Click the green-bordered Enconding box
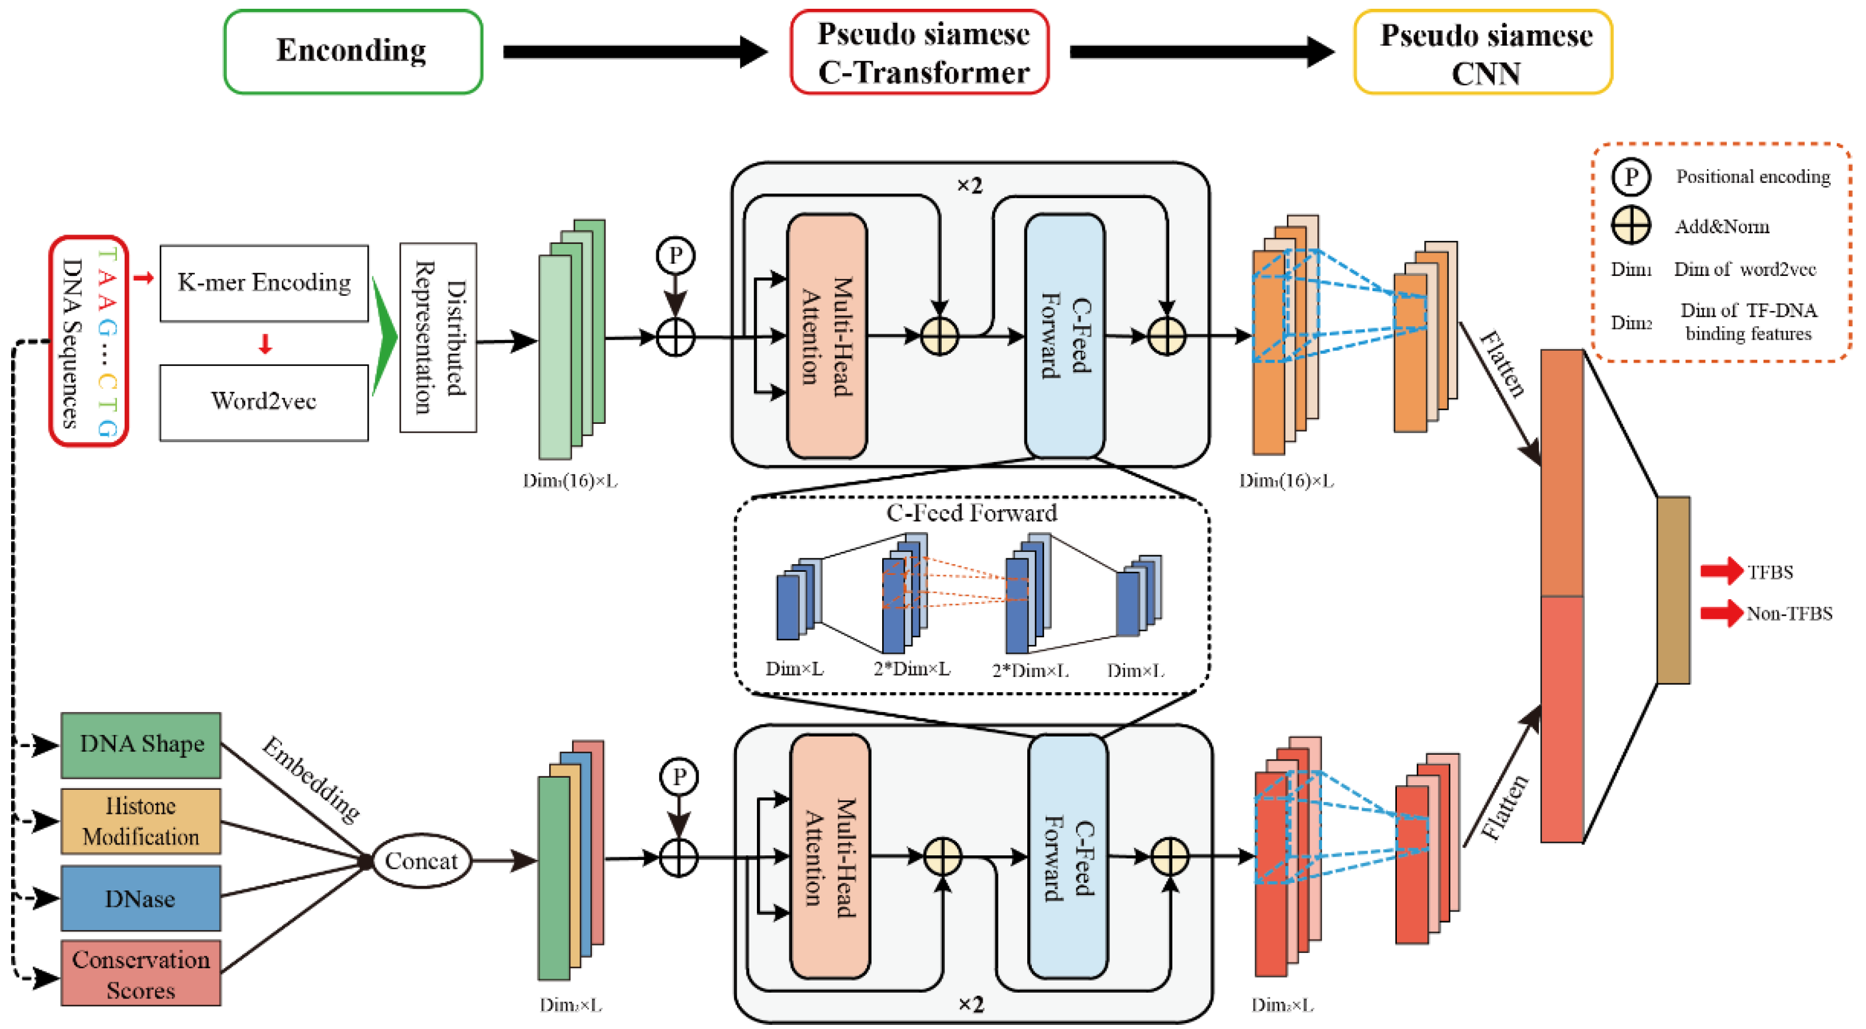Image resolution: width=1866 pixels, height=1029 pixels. point(353,51)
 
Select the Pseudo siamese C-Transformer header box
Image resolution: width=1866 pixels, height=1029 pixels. point(919,52)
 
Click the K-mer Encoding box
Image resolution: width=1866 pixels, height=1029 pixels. point(264,283)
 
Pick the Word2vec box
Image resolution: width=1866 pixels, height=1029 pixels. point(264,402)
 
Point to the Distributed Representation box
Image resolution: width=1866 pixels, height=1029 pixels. point(438,337)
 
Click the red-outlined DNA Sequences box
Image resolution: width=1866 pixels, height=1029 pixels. point(88,340)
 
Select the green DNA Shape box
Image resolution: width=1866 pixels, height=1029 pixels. point(141,744)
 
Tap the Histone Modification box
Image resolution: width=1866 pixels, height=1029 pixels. point(141,821)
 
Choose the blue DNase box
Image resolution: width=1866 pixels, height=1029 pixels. point(141,898)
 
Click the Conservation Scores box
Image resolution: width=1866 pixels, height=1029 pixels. point(141,974)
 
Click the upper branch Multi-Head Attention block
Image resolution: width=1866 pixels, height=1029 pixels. point(827,336)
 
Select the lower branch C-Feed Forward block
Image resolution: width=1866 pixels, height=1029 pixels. point(1068,857)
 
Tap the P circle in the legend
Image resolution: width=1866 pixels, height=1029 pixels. point(1631,177)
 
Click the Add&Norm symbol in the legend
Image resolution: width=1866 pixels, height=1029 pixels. point(1631,225)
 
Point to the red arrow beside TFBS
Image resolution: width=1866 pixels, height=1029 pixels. point(1720,571)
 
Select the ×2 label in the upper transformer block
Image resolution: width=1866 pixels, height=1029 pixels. point(969,186)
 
